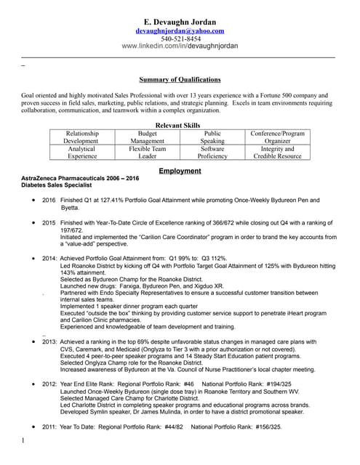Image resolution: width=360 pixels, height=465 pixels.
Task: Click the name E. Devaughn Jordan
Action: click(180, 21)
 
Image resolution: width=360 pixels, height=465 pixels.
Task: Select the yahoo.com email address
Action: click(180, 31)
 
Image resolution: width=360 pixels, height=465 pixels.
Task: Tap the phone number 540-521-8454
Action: click(180, 39)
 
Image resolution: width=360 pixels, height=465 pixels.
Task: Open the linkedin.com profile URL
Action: click(180, 46)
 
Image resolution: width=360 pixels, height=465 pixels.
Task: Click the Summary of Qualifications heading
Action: click(180, 79)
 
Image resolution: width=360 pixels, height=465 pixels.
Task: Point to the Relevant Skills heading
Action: click(180, 126)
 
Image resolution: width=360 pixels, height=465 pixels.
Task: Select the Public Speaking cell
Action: click(212, 138)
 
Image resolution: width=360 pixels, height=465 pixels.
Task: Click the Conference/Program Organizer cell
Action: click(277, 138)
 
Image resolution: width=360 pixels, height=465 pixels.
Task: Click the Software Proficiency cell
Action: click(212, 153)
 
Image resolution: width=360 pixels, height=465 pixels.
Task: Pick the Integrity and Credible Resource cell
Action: click(277, 153)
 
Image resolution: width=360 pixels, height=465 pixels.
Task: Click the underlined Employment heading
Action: click(180, 171)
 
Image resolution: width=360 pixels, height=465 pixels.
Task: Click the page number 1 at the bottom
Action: click(23, 440)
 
